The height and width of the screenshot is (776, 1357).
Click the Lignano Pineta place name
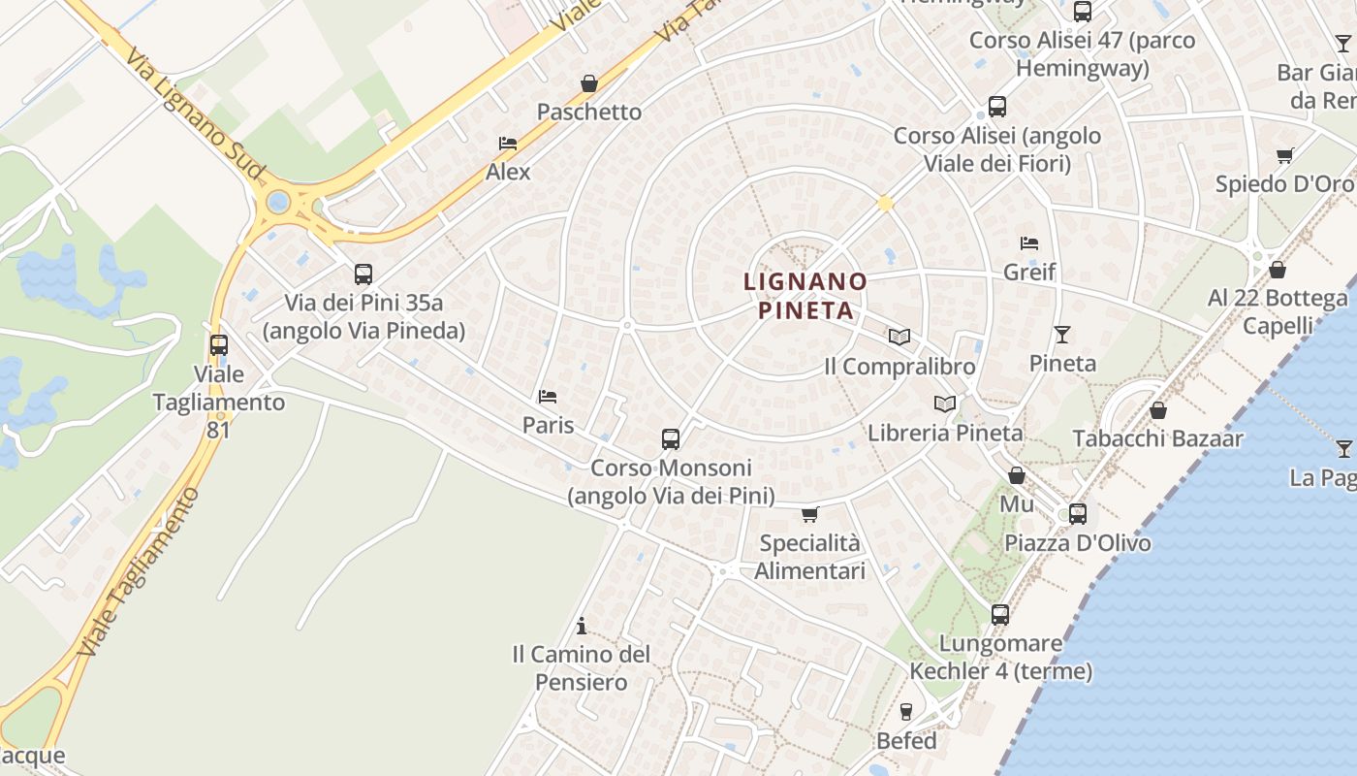[x=805, y=296]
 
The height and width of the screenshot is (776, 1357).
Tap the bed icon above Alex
[x=508, y=144]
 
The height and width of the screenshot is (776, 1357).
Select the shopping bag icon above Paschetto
[x=588, y=83]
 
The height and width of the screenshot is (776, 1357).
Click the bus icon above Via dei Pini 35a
[x=363, y=275]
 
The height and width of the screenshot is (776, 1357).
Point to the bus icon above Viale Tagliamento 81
[x=219, y=344]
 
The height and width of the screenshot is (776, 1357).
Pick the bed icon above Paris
[x=548, y=397]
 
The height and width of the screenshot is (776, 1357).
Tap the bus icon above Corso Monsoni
[x=671, y=438]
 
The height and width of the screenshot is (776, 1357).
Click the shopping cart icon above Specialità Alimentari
[x=810, y=514]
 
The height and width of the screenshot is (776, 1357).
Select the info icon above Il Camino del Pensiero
[x=582, y=626]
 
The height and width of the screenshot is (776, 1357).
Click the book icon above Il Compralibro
[x=899, y=337]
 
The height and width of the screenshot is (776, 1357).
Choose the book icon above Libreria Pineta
[x=945, y=404]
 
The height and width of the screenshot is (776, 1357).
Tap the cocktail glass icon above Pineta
[x=1062, y=335]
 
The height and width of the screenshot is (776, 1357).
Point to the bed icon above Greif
[x=1029, y=242]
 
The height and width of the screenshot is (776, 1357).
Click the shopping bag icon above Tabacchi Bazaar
[x=1157, y=410]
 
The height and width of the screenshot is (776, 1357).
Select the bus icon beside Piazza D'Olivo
[x=1078, y=514]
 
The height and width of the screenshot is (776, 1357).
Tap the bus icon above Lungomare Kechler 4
[x=1000, y=615]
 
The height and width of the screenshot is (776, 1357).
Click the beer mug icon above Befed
[x=906, y=712]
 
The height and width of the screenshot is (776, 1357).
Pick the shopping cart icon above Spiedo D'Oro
[x=1285, y=155]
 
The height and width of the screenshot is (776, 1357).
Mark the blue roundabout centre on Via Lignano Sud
[x=279, y=203]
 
